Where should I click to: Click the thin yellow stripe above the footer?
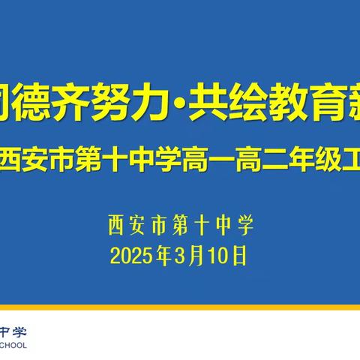point(180,308)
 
